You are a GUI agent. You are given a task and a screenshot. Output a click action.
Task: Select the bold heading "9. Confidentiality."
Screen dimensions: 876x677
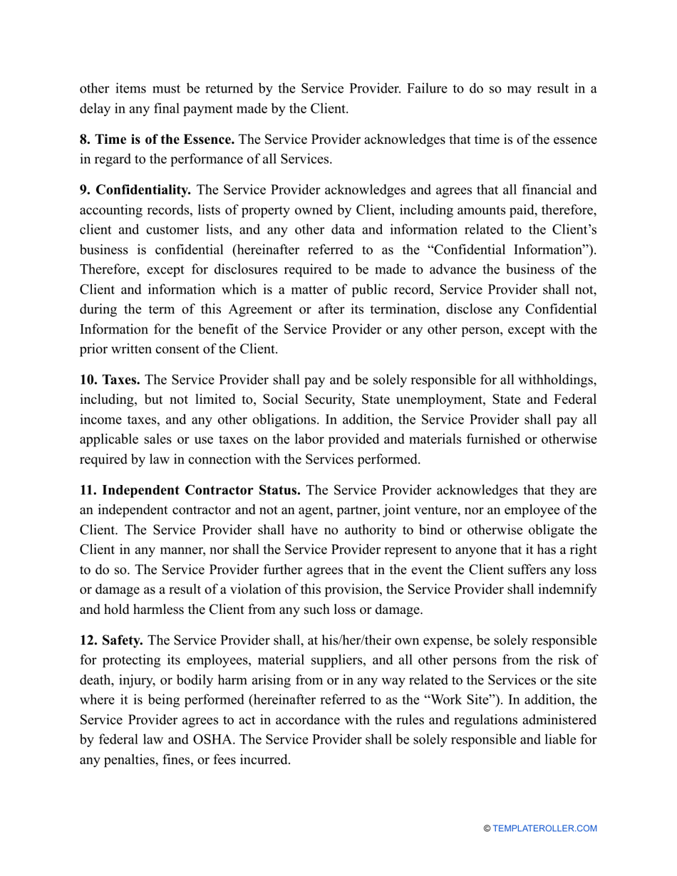click(135, 190)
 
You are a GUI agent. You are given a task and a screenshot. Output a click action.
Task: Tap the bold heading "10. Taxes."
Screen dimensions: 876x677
click(109, 381)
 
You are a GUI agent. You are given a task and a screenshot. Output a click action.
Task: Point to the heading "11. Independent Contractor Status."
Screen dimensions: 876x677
click(190, 491)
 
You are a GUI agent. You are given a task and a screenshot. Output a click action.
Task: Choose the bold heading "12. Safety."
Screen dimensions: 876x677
click(110, 620)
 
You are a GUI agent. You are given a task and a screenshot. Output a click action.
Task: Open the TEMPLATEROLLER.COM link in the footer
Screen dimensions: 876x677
click(544, 828)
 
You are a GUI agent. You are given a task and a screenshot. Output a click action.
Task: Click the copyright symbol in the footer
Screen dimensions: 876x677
click(487, 828)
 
